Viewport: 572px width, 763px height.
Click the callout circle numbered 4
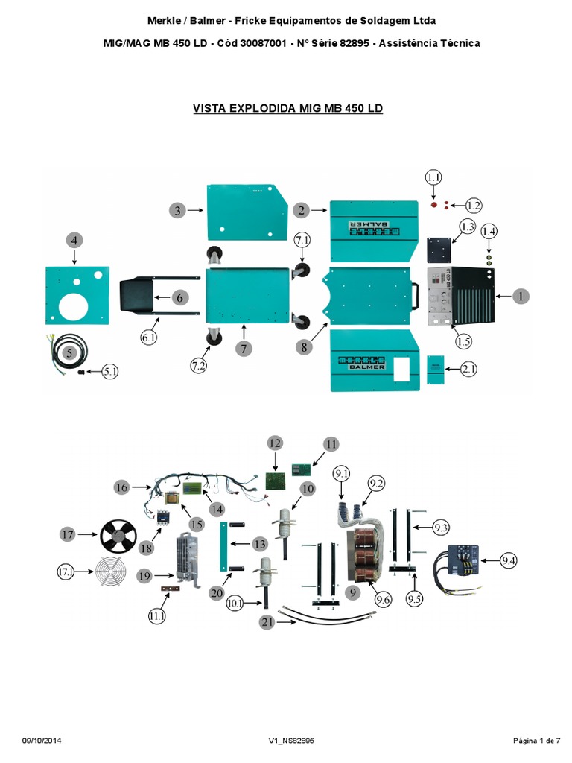coord(74,240)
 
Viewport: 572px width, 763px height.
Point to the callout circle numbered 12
coord(274,443)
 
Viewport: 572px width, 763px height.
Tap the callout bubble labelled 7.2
coord(199,366)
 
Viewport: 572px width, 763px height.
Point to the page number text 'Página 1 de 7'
coord(536,740)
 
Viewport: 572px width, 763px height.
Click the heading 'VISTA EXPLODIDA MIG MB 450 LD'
coord(287,108)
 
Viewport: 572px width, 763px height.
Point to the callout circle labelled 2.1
coord(469,369)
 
